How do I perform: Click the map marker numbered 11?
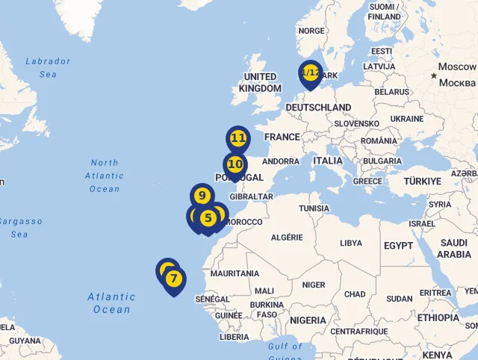(x=238, y=138)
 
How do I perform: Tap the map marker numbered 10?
(x=235, y=164)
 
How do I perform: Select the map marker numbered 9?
(x=202, y=196)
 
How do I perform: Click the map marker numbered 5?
(x=208, y=218)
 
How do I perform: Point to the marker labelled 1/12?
(x=310, y=73)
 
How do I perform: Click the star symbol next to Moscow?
(x=433, y=75)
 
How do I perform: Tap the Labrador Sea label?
(x=48, y=68)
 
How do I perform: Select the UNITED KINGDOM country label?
(x=260, y=82)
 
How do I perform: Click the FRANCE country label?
(x=282, y=137)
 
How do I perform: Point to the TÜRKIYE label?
(x=422, y=181)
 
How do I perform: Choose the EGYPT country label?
(x=398, y=246)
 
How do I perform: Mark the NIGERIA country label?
(x=308, y=320)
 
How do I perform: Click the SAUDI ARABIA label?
(x=454, y=249)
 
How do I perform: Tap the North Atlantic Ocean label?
(x=105, y=176)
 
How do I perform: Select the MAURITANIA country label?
(x=235, y=274)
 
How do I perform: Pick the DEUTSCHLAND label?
(x=318, y=108)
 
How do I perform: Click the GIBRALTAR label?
(x=252, y=197)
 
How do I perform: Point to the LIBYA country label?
(x=350, y=243)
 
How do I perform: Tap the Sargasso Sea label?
(x=20, y=228)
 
